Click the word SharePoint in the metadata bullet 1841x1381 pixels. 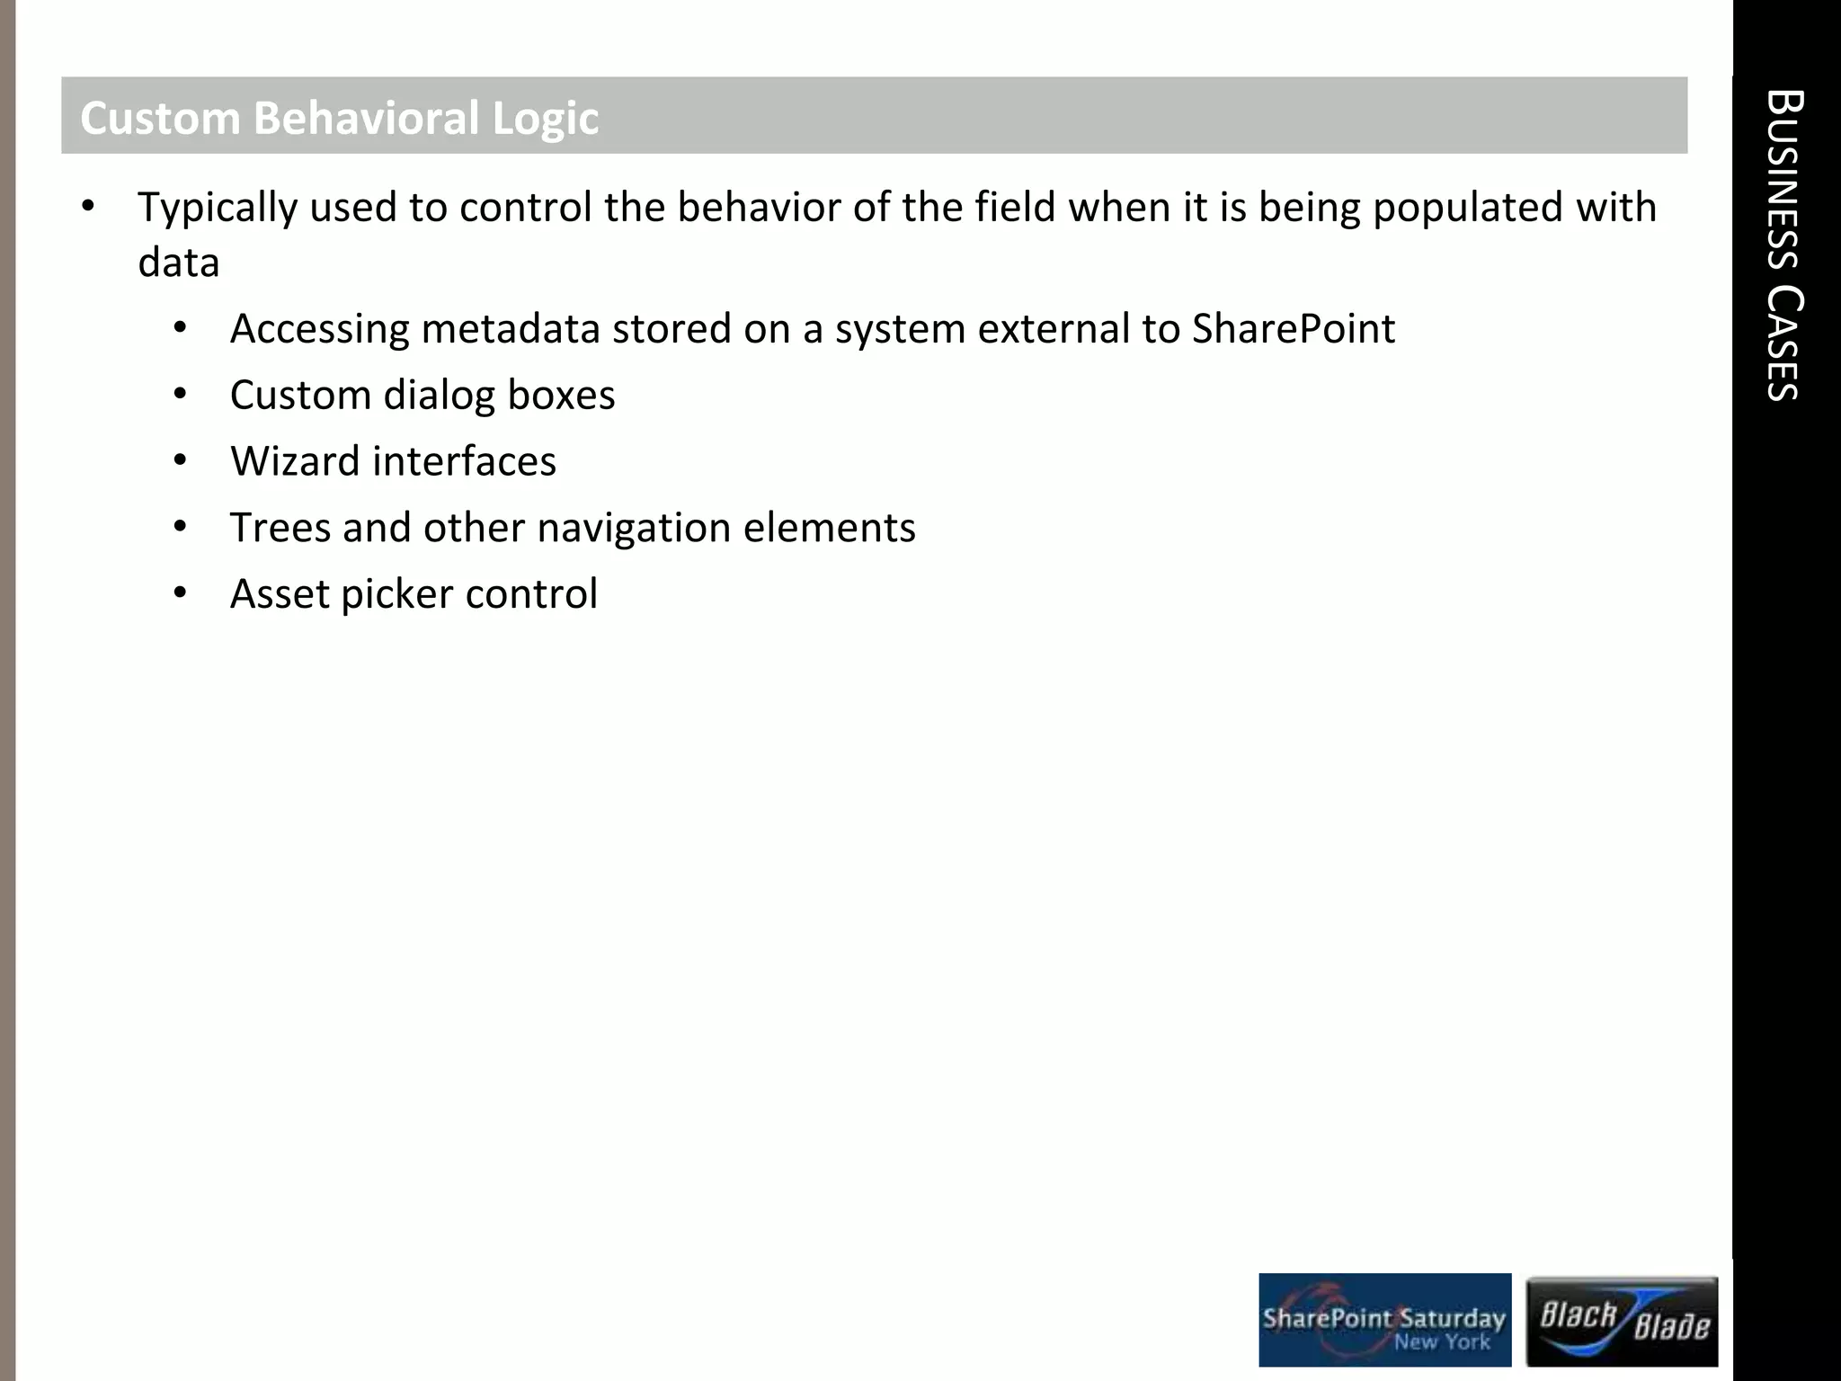click(x=1293, y=329)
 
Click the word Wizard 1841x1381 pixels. click(x=295, y=461)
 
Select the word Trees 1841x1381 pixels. click(x=280, y=528)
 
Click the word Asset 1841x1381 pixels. click(x=280, y=594)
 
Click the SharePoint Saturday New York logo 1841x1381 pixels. click(x=1384, y=1320)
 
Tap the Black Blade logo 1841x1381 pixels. click(x=1622, y=1321)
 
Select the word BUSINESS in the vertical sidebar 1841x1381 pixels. click(x=1783, y=180)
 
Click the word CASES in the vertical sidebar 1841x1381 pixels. click(x=1783, y=343)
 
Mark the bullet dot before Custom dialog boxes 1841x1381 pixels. click(x=180, y=394)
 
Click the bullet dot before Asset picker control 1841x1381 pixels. click(x=180, y=592)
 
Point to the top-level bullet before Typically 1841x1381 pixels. click(x=87, y=207)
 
